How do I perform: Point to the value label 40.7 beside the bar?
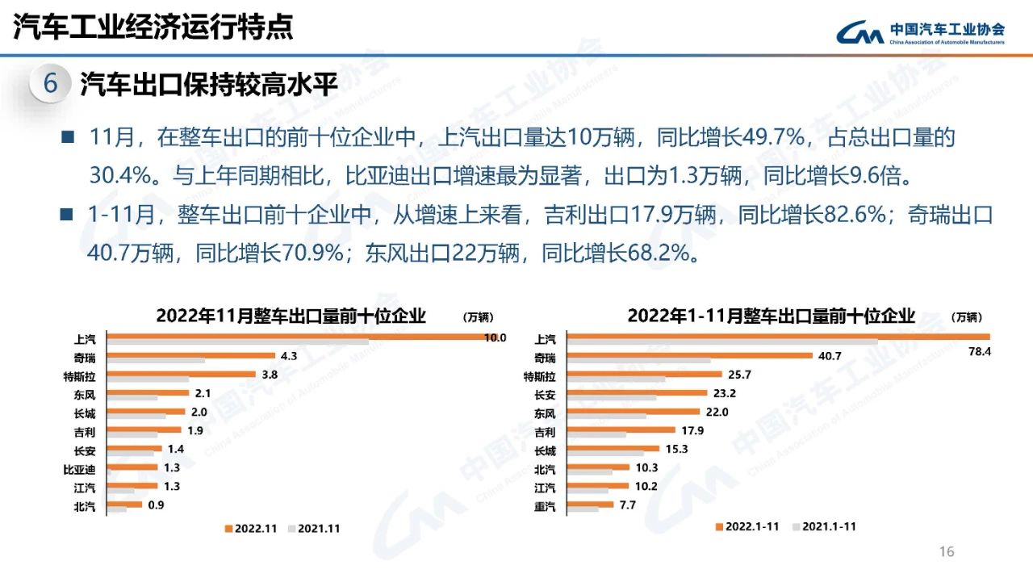(831, 356)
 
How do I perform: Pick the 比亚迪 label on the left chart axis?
(79, 468)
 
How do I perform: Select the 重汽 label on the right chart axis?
(545, 507)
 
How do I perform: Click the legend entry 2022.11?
(252, 529)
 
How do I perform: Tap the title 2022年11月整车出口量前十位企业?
(291, 316)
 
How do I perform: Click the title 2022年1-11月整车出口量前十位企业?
(771, 316)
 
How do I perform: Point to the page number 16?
(947, 552)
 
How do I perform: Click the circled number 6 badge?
(51, 84)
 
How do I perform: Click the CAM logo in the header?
(860, 33)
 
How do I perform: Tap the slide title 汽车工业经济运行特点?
(153, 28)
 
